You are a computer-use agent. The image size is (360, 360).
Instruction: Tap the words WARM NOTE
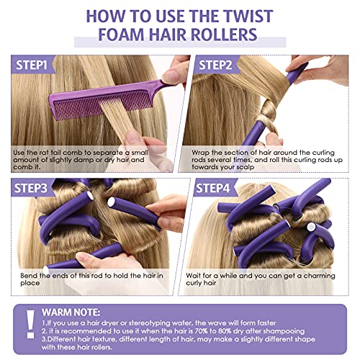(x=78, y=314)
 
